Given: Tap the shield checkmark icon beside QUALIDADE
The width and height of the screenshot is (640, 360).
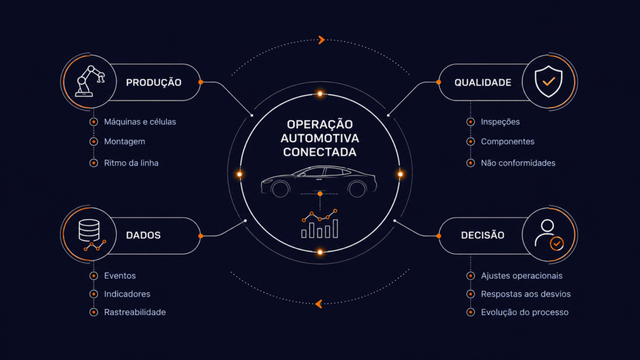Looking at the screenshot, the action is click(x=549, y=81).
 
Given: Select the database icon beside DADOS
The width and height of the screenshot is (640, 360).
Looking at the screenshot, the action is click(x=91, y=235).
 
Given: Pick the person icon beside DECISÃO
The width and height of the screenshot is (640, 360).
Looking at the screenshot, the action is click(x=549, y=235).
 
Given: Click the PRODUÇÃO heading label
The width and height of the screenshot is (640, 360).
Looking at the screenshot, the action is click(x=154, y=82).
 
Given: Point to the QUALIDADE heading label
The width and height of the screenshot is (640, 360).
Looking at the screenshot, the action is click(x=483, y=82).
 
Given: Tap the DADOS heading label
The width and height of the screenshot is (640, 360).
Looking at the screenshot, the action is click(x=143, y=235).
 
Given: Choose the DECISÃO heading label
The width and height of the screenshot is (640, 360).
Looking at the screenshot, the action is click(x=482, y=235).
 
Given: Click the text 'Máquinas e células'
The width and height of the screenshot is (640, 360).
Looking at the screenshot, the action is click(x=140, y=122).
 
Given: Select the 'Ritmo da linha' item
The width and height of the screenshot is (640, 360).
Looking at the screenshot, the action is click(x=131, y=163).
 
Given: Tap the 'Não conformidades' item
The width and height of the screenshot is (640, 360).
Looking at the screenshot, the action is click(x=518, y=163).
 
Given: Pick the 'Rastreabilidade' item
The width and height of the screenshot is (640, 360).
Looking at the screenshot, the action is click(x=135, y=312).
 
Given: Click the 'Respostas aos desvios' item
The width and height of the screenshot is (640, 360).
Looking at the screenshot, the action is click(x=526, y=294).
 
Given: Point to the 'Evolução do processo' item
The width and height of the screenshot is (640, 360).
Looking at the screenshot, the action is click(x=524, y=312).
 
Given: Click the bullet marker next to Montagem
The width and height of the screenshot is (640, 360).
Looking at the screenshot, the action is click(x=94, y=142).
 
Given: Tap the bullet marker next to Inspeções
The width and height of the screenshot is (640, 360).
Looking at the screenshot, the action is click(x=471, y=122).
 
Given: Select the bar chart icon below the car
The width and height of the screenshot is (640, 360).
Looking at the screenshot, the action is click(x=319, y=224).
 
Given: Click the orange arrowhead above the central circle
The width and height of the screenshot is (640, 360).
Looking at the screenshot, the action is click(x=322, y=39).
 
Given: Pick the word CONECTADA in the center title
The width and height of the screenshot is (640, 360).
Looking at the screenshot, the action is click(x=319, y=152).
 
